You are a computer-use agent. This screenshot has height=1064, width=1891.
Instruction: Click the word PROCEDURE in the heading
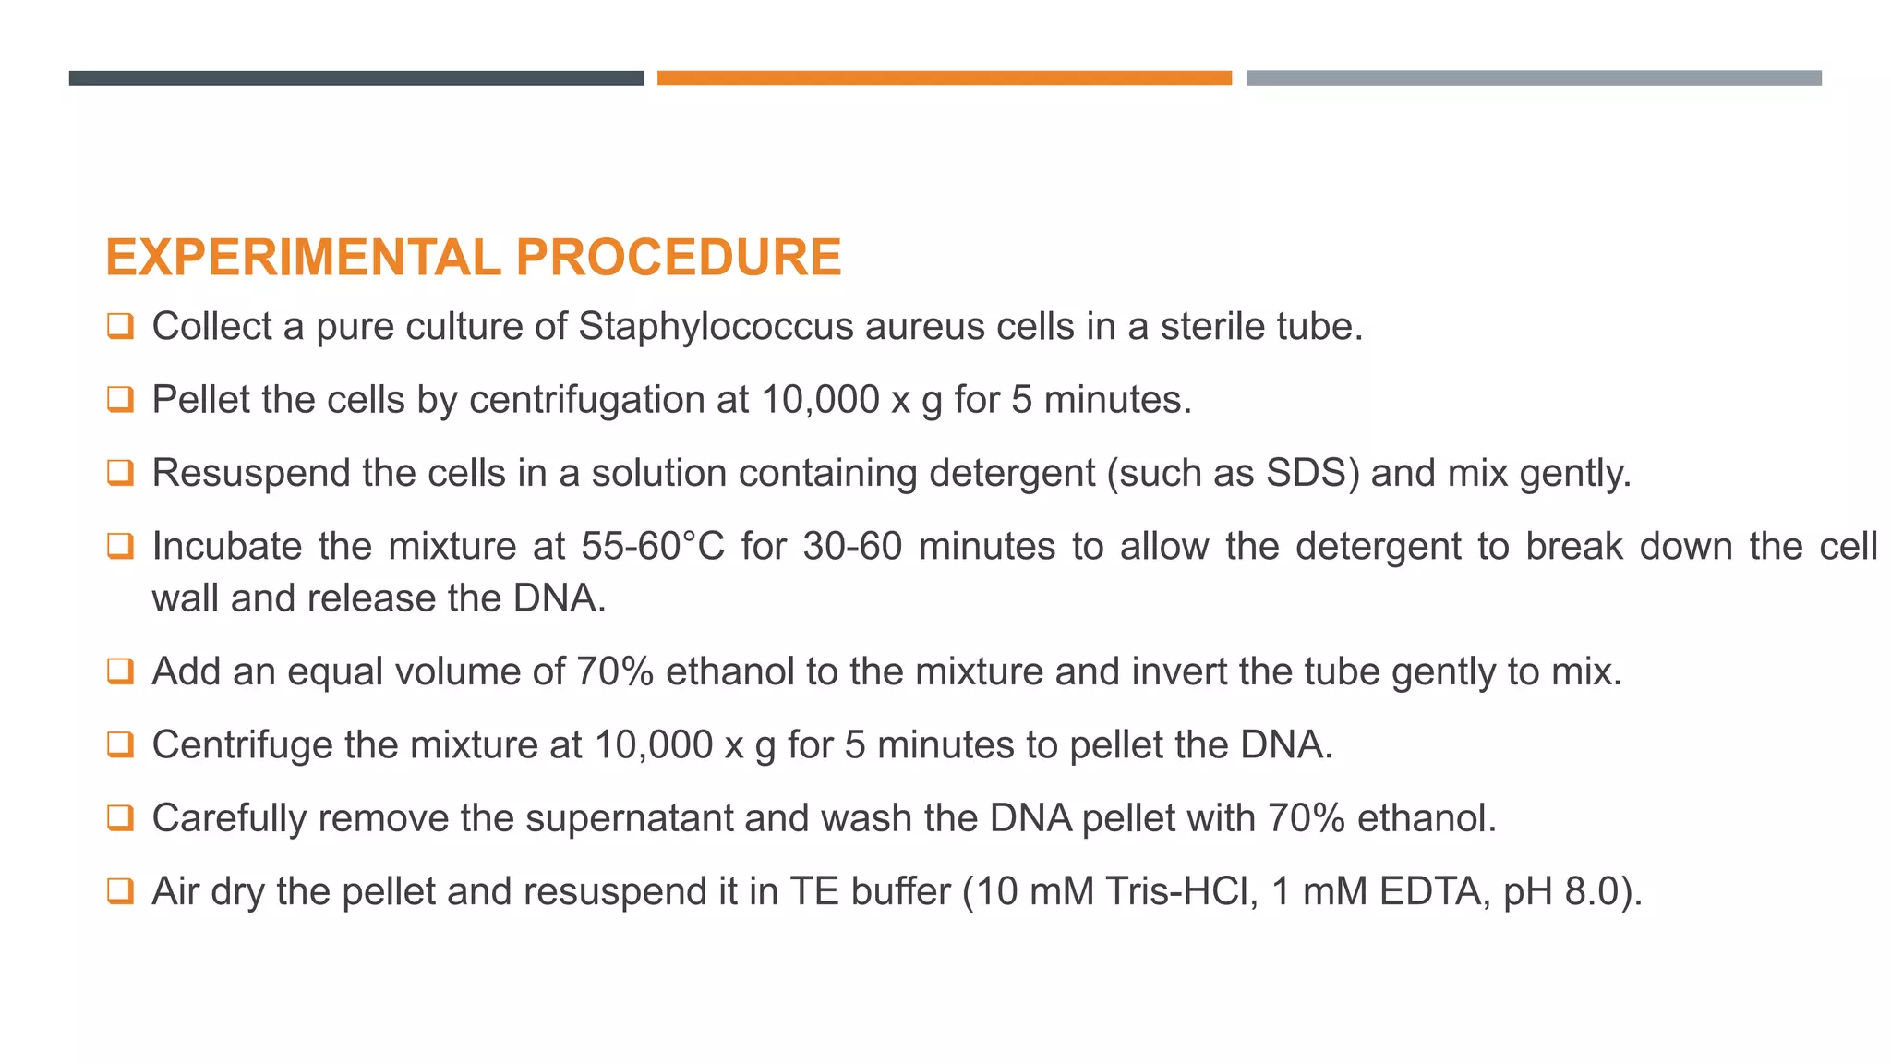[679, 257]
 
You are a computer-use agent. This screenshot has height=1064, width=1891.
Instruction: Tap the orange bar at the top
[944, 79]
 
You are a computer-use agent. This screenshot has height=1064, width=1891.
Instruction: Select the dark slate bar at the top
[355, 79]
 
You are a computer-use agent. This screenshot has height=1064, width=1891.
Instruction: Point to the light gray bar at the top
[1534, 79]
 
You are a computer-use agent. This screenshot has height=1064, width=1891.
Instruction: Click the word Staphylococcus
[716, 327]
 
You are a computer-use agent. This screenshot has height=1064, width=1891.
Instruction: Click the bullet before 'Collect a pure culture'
[120, 326]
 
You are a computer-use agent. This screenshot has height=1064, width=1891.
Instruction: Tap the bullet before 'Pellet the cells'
[120, 399]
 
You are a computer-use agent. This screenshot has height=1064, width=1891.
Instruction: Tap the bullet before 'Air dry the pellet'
[120, 891]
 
